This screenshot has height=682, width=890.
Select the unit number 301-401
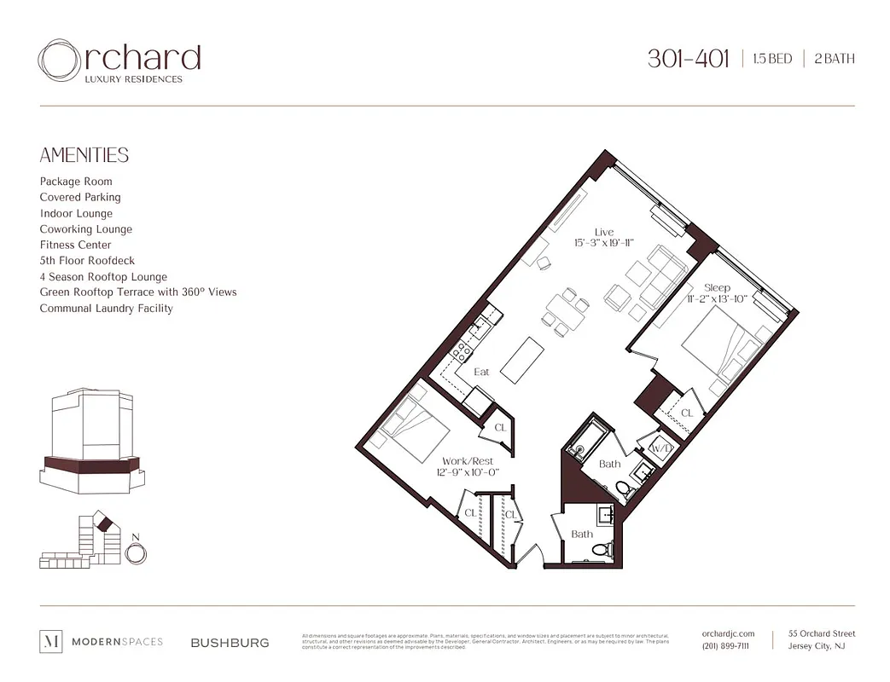pyautogui.click(x=688, y=59)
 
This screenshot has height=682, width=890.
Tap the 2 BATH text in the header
pyautogui.click(x=834, y=59)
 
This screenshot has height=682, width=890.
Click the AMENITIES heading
pyautogui.click(x=84, y=155)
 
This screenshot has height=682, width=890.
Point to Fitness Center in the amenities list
pyautogui.click(x=75, y=245)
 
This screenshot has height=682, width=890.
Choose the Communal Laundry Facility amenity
pyautogui.click(x=106, y=308)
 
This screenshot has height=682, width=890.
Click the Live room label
pyautogui.click(x=603, y=232)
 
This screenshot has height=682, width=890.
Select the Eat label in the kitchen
pyautogui.click(x=481, y=372)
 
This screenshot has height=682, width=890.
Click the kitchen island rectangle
pyautogui.click(x=521, y=360)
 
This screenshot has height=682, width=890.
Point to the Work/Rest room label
pyautogui.click(x=467, y=460)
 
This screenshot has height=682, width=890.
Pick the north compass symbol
pyautogui.click(x=135, y=552)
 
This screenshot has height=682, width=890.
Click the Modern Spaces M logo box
pyautogui.click(x=51, y=642)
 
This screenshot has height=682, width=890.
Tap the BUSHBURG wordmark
pyautogui.click(x=230, y=643)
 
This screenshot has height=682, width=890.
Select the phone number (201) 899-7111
pyautogui.click(x=725, y=646)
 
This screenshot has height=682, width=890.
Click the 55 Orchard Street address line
pyautogui.click(x=821, y=633)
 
